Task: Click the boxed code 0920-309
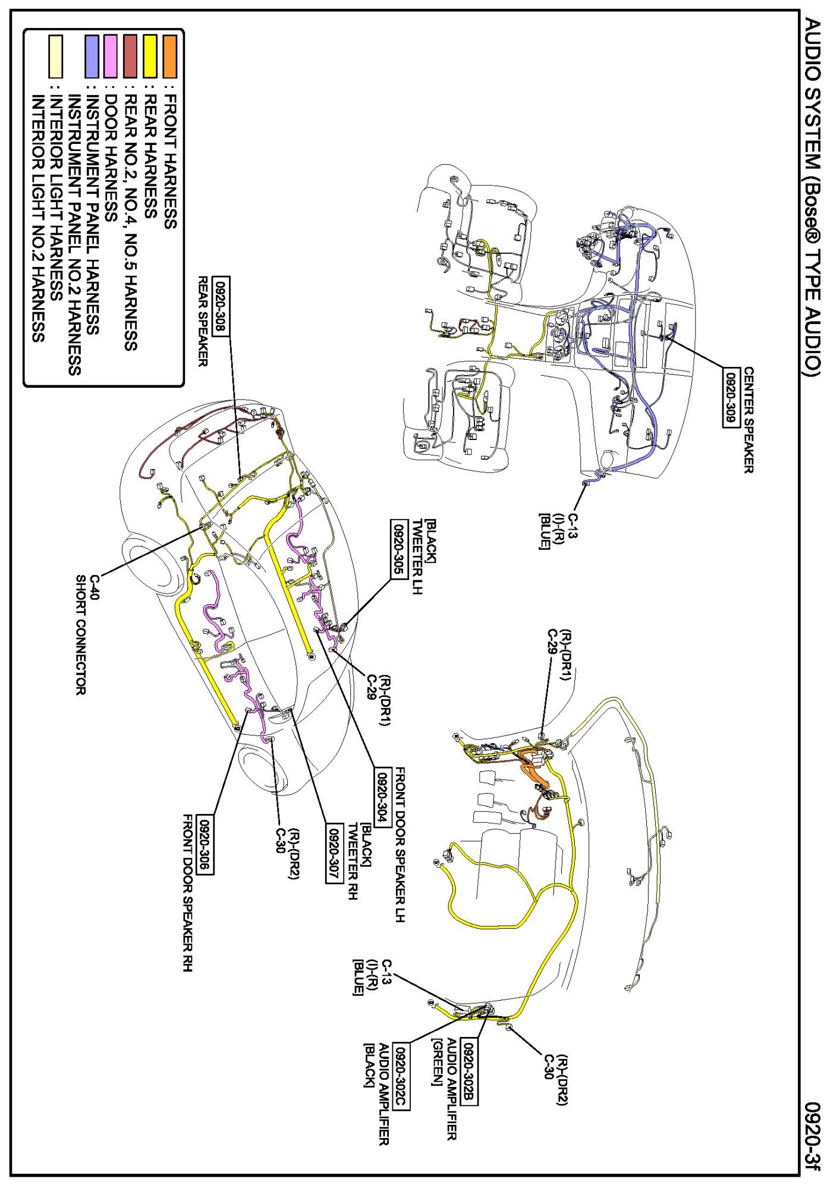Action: (x=730, y=398)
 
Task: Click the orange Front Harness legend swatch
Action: (x=170, y=57)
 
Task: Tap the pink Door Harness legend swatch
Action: (x=110, y=57)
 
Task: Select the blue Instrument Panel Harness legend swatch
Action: (x=92, y=57)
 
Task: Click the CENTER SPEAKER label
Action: (x=749, y=420)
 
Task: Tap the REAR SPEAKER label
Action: (x=203, y=321)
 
